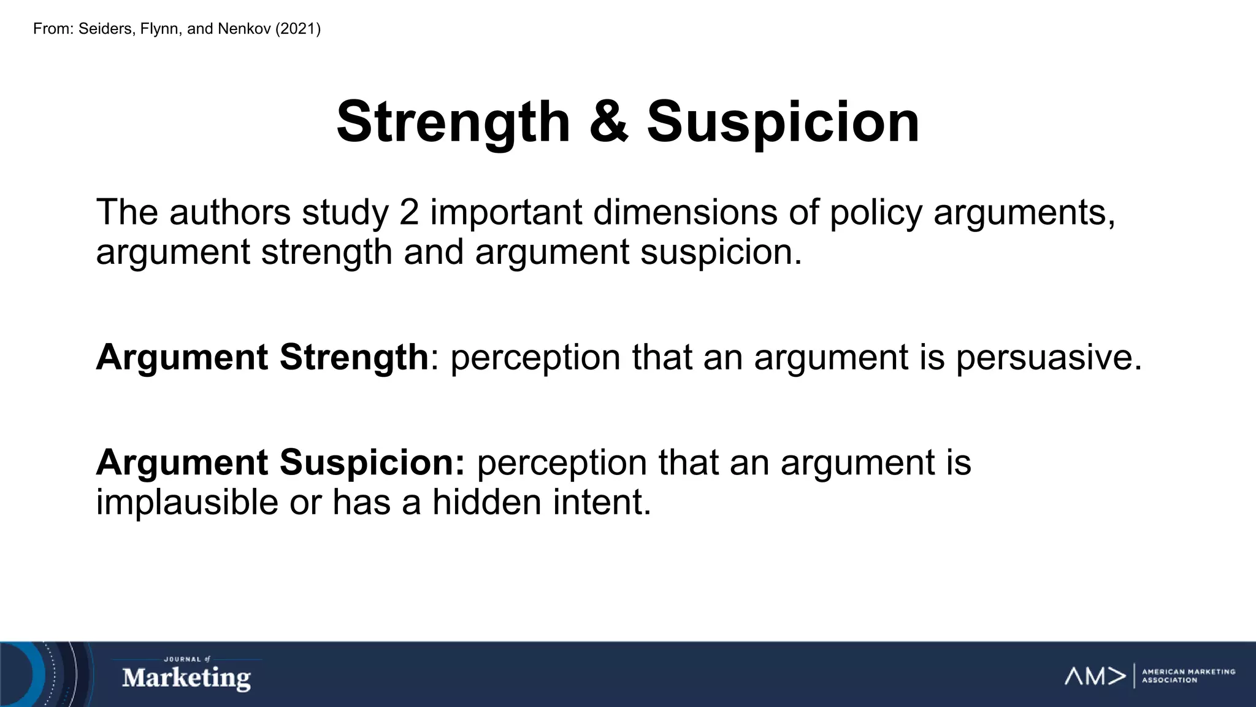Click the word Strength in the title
click(x=453, y=123)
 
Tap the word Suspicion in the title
click(x=783, y=123)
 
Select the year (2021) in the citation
click(x=298, y=29)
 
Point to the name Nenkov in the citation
click(x=244, y=29)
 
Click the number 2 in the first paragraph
click(x=409, y=212)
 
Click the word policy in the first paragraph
click(x=876, y=214)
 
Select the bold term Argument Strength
click(x=262, y=357)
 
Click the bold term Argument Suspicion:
click(x=281, y=462)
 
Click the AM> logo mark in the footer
click(x=1095, y=676)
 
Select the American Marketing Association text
click(x=1188, y=676)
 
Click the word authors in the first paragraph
click(x=230, y=212)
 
